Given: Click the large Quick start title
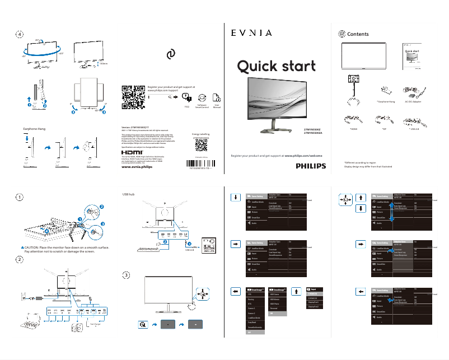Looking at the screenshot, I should pos(276,67).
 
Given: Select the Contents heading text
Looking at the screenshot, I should pos(358,34).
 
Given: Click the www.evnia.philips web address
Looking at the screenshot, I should pos(137,167).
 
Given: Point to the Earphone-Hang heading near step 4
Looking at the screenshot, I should pos(34,129).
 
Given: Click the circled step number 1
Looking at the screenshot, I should pos(20,197).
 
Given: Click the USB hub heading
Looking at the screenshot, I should pos(129,194).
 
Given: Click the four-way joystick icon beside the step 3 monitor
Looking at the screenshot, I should pos(203,293).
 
